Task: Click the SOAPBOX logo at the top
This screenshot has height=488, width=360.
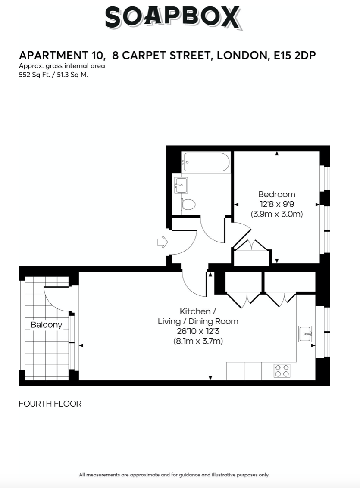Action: [x=173, y=18]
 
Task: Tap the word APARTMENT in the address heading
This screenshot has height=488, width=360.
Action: [x=54, y=56]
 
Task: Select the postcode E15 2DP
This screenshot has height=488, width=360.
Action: [x=294, y=56]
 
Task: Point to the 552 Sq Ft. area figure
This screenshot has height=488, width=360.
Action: [x=34, y=75]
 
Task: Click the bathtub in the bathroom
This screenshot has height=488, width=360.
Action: [x=207, y=162]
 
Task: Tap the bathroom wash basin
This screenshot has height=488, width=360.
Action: [x=181, y=185]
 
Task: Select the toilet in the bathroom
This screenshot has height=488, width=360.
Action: [x=188, y=205]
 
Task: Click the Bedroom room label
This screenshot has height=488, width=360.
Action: [x=276, y=195]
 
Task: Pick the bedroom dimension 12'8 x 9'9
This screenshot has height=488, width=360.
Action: [x=277, y=205]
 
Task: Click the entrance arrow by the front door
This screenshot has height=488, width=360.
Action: [x=162, y=242]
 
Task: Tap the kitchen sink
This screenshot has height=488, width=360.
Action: [x=305, y=334]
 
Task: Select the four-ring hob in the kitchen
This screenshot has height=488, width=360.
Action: [x=282, y=371]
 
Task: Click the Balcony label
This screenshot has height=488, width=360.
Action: [x=47, y=325]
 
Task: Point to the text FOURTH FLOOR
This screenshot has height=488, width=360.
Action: [x=50, y=404]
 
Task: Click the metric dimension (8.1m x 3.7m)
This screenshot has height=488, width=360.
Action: [x=198, y=341]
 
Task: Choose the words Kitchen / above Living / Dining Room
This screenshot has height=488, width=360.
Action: [x=198, y=311]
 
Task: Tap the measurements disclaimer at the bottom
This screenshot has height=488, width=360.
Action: [x=174, y=475]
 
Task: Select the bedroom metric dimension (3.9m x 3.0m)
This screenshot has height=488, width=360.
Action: [x=277, y=214]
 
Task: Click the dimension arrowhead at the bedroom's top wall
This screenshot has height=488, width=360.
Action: [x=277, y=153]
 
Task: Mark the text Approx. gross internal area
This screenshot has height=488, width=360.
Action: [x=62, y=66]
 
